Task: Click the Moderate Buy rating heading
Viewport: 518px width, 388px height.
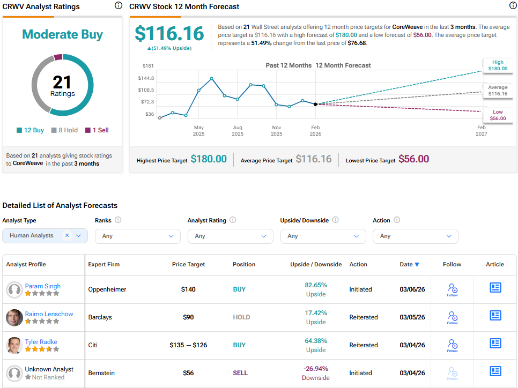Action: pyautogui.click(x=62, y=34)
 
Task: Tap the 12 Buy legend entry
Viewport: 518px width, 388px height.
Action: pyautogui.click(x=30, y=130)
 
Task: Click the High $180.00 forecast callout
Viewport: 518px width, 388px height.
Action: pyautogui.click(x=497, y=65)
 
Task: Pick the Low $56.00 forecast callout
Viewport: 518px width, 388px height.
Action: pyautogui.click(x=497, y=115)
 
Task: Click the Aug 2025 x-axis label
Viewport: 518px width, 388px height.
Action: pyautogui.click(x=237, y=130)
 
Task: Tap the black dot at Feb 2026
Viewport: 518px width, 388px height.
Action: pyautogui.click(x=315, y=104)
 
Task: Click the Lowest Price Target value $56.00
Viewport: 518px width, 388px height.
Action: pyautogui.click(x=413, y=159)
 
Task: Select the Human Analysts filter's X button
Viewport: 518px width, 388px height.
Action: pyautogui.click(x=67, y=235)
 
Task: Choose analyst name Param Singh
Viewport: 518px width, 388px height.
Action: pyautogui.click(x=43, y=286)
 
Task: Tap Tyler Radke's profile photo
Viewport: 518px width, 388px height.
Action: pyautogui.click(x=14, y=345)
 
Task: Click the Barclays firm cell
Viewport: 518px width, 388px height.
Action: pyautogui.click(x=100, y=317)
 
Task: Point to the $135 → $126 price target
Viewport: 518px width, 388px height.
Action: pyautogui.click(x=188, y=345)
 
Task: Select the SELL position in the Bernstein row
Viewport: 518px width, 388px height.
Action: pyautogui.click(x=240, y=373)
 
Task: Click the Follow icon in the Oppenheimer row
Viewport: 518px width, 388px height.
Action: pyautogui.click(x=452, y=289)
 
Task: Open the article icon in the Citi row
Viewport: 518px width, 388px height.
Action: pyautogui.click(x=495, y=344)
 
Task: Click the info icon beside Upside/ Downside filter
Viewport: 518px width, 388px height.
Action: pyautogui.click(x=335, y=220)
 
